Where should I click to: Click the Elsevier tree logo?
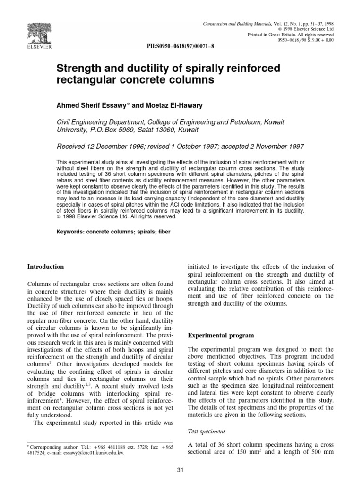click(29, 24)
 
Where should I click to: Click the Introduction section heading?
click(46, 267)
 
